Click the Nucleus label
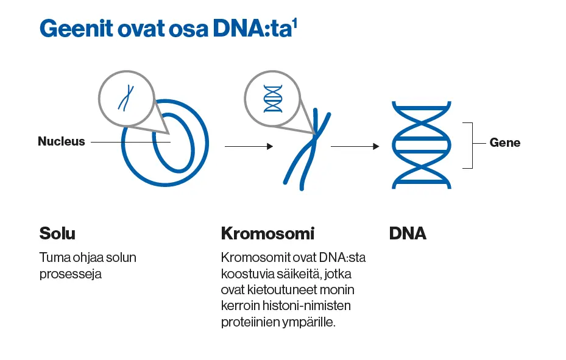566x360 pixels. tap(62, 142)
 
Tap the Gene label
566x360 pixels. tap(505, 143)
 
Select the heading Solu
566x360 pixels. tap(57, 233)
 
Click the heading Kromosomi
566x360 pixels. tap(267, 233)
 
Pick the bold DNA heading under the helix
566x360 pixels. tap(408, 233)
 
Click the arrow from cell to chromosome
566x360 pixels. tap(248, 146)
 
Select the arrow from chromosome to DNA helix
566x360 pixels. tap(355, 146)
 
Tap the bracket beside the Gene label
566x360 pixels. tap(470, 145)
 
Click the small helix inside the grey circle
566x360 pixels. tap(272, 98)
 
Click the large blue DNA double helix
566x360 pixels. tap(421, 144)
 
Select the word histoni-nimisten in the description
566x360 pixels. tap(316, 306)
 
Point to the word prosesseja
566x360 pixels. tap(70, 274)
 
